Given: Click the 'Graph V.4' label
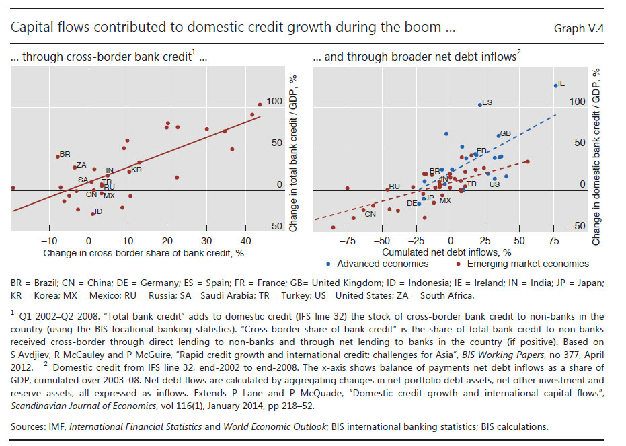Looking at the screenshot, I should point(584,28).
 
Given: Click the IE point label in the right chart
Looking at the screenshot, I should point(561,83).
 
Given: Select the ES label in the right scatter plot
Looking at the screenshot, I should point(487,103).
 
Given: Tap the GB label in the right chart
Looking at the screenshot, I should point(506,133).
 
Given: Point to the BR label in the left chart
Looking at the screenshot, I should point(65,154).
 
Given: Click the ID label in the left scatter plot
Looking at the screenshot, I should point(98,211).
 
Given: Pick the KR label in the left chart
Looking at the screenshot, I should point(136,170).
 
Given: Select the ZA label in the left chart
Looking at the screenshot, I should point(81,165).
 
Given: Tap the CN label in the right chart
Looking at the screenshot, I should point(360,213).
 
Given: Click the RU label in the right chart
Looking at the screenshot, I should point(395,186).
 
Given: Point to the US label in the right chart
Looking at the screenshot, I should point(494,184).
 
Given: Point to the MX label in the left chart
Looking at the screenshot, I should point(109,196).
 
